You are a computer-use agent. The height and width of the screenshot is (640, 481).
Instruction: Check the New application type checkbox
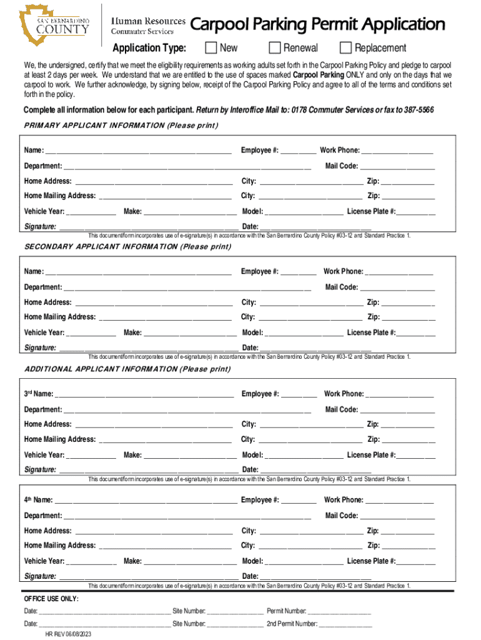211,48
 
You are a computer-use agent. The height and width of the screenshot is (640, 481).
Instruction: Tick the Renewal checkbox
274,48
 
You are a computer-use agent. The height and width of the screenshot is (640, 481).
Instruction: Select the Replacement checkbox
345,48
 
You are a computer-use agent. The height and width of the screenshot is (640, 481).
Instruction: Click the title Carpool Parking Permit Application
317,25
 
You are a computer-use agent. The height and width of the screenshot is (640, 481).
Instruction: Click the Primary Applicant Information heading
121,126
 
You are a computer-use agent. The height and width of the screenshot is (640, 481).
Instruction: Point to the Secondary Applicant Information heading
127,247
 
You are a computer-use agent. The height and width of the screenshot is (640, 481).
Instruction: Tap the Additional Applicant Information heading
127,369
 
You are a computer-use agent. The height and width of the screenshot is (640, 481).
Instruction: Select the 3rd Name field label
38,394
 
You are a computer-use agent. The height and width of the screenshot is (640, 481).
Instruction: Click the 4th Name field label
38,501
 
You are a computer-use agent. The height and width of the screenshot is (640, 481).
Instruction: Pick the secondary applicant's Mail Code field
397,288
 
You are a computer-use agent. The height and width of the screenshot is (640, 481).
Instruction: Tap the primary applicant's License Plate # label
371,212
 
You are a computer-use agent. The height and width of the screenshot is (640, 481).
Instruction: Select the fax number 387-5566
417,110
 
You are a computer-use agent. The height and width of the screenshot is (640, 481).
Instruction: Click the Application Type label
149,48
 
